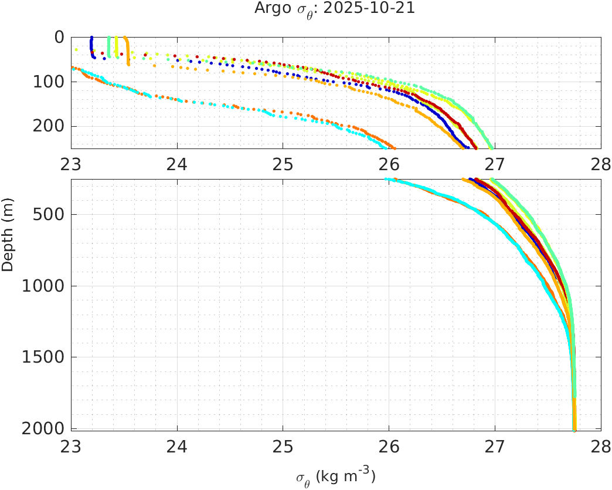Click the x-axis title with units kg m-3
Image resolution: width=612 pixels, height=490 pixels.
click(x=335, y=477)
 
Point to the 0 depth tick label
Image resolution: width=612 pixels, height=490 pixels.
click(x=59, y=37)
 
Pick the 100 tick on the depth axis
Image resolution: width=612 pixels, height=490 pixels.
click(x=50, y=82)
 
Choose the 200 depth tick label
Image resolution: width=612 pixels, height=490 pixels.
click(x=50, y=126)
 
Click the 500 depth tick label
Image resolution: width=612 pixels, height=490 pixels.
click(x=50, y=214)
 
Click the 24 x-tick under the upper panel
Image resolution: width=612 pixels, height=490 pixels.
click(x=177, y=164)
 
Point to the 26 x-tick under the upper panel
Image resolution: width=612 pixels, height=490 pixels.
click(x=389, y=164)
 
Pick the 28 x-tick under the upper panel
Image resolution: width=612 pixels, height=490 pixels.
click(x=600, y=164)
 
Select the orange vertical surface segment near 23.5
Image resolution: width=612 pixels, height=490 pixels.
click(x=127, y=50)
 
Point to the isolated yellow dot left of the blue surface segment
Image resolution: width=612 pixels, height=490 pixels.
click(x=76, y=49)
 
